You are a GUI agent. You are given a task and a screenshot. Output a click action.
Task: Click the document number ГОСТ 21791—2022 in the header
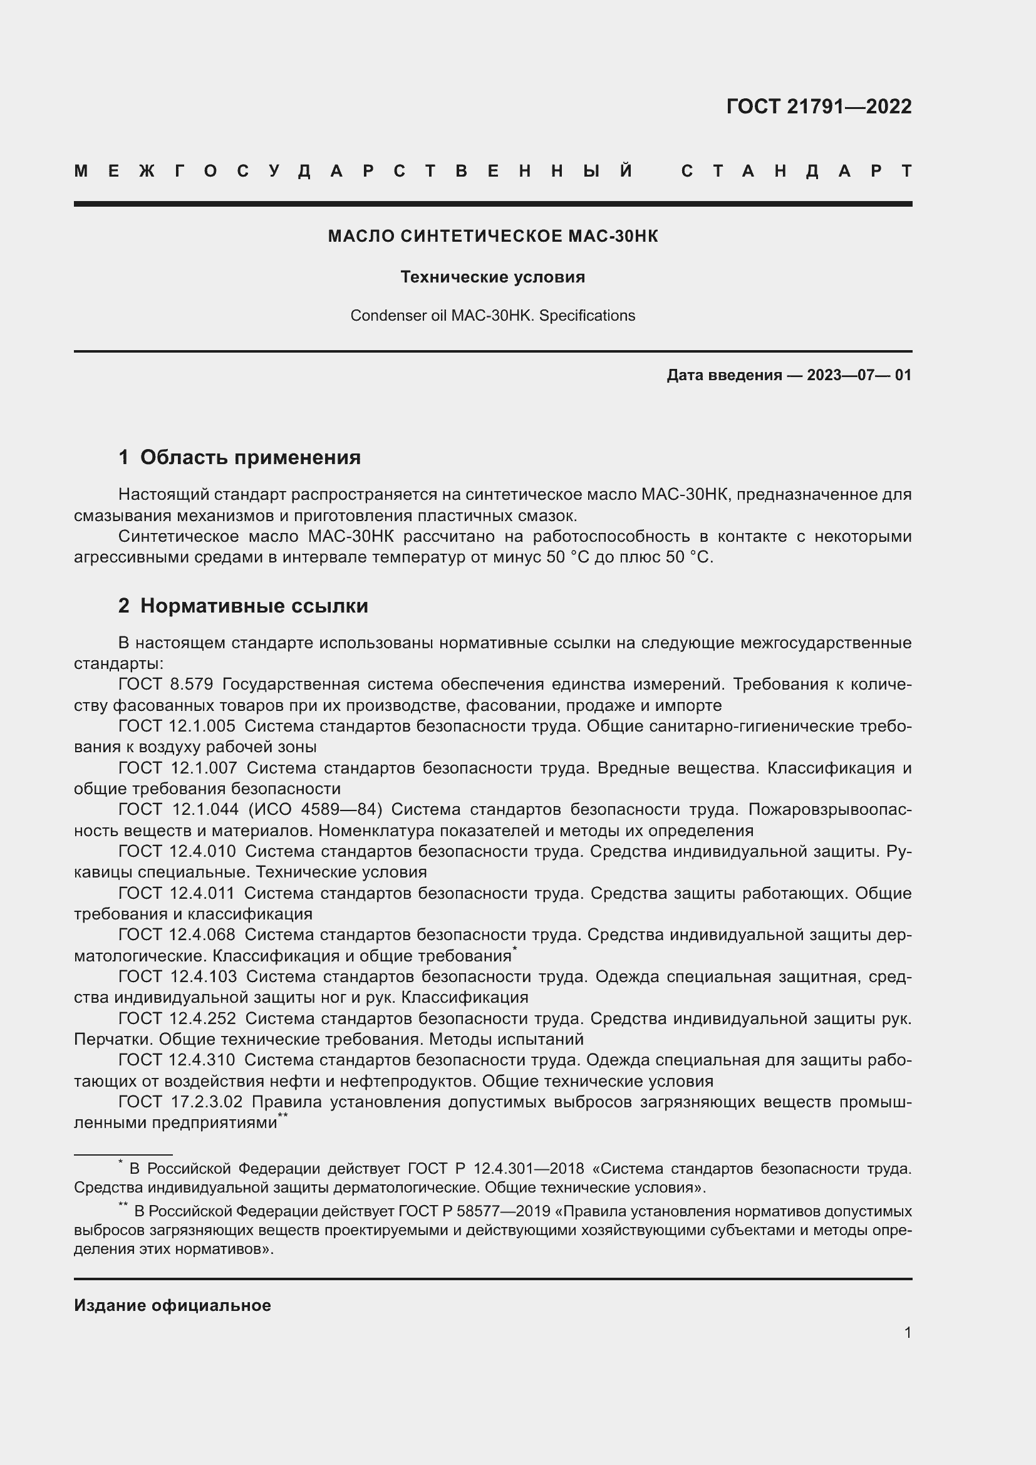819,106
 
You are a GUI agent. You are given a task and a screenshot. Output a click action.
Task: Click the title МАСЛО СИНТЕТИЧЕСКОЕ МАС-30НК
492,236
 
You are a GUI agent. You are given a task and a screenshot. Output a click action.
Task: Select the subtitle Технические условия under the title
492,277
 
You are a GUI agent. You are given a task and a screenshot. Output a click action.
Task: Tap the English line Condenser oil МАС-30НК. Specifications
492,316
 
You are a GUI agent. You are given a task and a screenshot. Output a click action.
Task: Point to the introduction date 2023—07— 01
859,375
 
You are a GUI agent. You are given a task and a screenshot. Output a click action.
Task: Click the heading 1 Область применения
239,457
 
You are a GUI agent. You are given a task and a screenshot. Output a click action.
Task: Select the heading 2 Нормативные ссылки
243,606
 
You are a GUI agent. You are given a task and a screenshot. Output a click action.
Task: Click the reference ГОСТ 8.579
165,685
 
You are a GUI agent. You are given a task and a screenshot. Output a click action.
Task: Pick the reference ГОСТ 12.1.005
177,726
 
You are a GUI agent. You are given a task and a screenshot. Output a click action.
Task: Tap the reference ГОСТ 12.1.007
177,769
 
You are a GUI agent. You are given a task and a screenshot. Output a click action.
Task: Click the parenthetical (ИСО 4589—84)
315,810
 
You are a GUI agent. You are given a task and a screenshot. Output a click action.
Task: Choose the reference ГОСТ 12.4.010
177,851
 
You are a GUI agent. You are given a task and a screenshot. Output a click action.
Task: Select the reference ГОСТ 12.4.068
177,934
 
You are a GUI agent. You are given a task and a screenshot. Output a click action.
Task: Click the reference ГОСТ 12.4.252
177,1018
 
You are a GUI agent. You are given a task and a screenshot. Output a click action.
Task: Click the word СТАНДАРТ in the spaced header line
796,171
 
